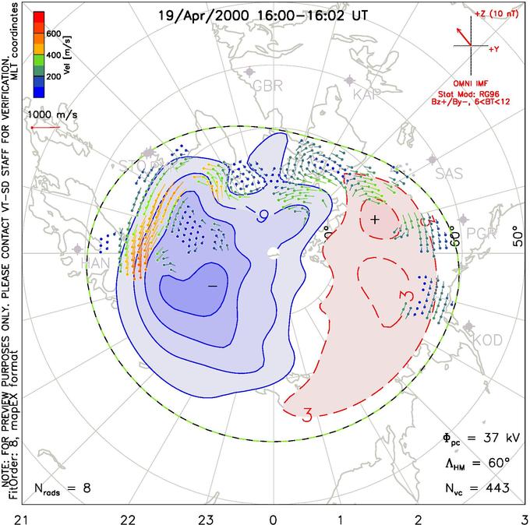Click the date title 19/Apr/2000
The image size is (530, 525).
click(x=194, y=15)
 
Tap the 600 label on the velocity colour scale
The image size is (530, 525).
click(x=53, y=34)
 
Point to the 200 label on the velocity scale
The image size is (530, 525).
click(x=53, y=78)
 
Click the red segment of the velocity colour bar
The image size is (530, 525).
click(x=38, y=19)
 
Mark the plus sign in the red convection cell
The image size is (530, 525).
click(x=376, y=220)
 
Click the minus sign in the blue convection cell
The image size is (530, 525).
click(x=211, y=287)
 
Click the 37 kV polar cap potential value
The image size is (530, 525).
click(x=489, y=436)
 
